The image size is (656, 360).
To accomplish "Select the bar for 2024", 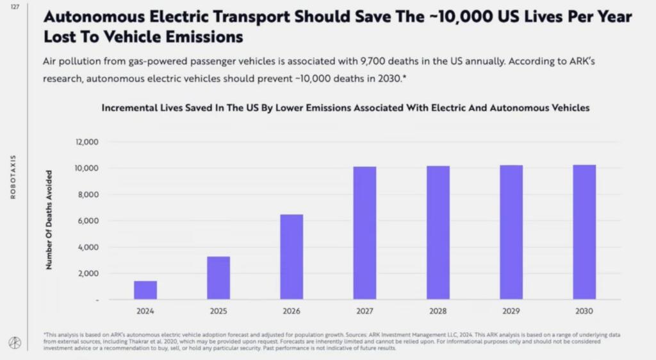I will point(145,290).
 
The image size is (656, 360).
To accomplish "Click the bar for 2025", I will point(218,278).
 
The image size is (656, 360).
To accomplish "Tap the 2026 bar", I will point(291,257).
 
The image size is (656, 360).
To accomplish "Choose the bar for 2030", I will point(584,232).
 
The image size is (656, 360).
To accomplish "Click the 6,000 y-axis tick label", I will point(88,221).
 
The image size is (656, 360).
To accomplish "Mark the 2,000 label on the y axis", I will point(88,273).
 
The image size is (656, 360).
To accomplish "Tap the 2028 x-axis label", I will point(438,311).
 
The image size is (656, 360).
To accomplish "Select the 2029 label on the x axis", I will point(511,311).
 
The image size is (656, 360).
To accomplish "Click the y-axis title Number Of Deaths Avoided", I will point(49,219).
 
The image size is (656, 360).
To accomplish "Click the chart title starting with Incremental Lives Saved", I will point(345,108).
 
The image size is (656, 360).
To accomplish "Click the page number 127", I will point(15,7).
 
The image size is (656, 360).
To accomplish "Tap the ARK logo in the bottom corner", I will point(15,343).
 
